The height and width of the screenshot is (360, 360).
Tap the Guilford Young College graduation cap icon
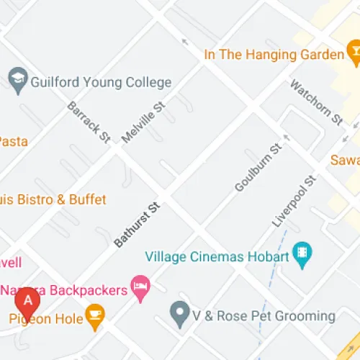[x=17, y=81]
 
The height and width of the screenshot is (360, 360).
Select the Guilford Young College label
[x=101, y=82]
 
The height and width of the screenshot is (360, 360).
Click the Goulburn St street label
[x=257, y=168]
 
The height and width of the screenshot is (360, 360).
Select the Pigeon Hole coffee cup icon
[x=94, y=315]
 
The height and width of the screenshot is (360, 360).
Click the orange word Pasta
[x=14, y=141]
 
